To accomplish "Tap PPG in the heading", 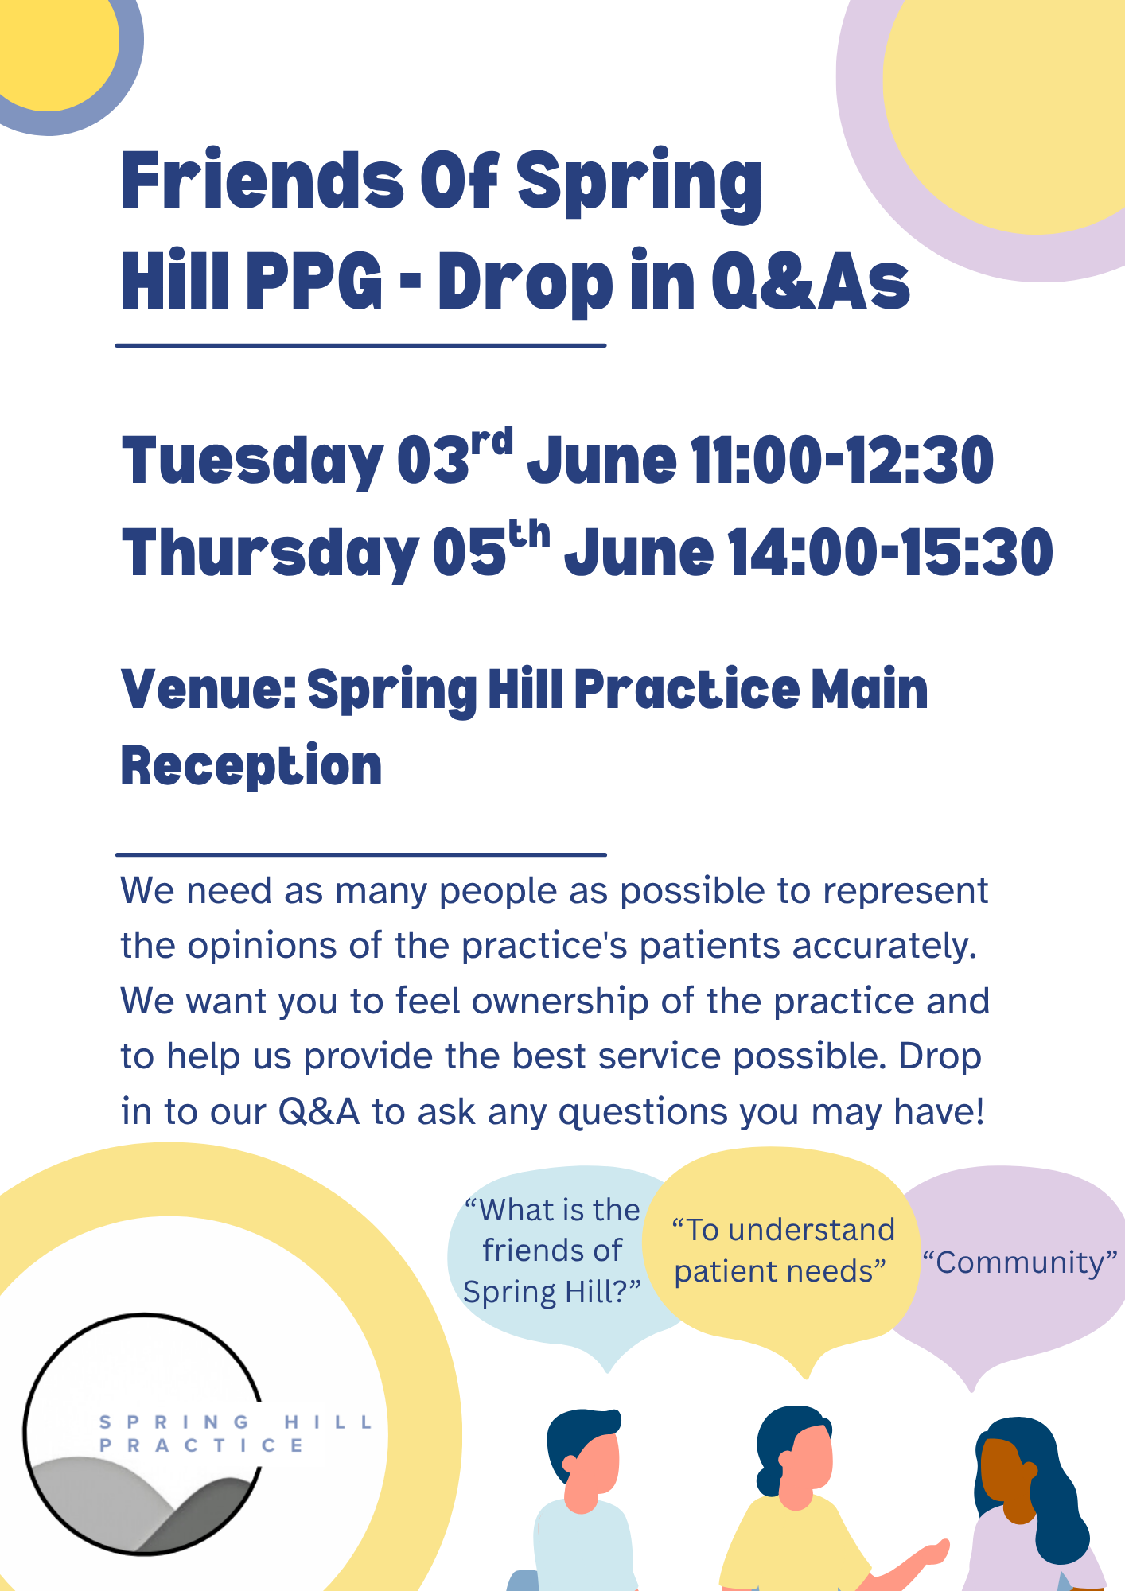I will (x=314, y=282).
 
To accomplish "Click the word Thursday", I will (x=270, y=554).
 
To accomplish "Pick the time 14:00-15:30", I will (x=890, y=553).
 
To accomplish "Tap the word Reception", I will (x=251, y=766).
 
